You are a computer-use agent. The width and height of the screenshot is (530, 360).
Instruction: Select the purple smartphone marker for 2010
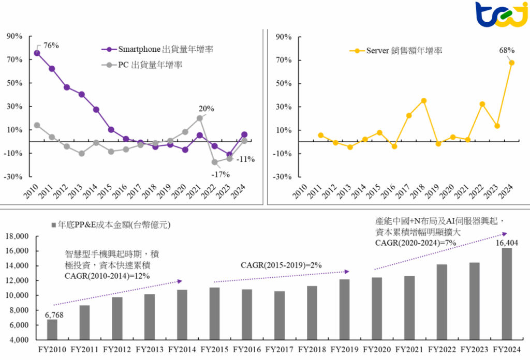tap(37, 53)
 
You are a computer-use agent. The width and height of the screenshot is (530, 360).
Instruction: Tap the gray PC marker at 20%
tap(199, 118)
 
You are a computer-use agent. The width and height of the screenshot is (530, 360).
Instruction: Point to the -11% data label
tap(245, 159)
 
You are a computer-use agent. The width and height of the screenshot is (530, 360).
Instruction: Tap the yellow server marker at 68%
tap(511, 63)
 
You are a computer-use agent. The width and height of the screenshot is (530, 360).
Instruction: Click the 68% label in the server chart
tap(507, 50)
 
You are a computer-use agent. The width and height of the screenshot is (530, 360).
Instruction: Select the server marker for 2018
tap(423, 101)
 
